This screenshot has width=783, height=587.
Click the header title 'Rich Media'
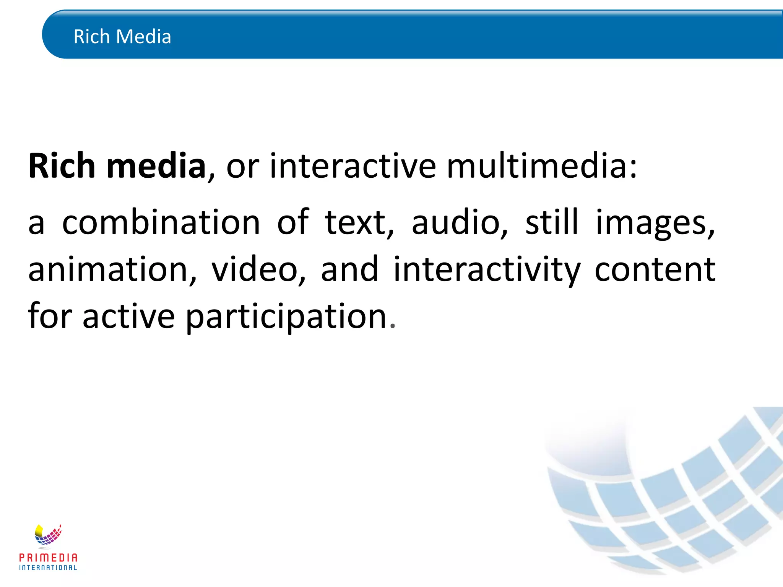[122, 37]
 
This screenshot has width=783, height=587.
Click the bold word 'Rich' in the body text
[62, 166]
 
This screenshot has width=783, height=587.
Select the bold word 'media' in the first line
[156, 166]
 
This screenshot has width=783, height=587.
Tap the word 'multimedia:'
[542, 166]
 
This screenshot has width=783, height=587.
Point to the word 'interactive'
[353, 166]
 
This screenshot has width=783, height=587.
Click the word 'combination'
[161, 222]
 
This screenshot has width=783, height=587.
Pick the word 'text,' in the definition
[359, 222]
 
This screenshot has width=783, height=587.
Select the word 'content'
[655, 270]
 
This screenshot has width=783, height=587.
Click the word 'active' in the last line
[129, 316]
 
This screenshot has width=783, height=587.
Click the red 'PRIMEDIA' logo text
[48, 558]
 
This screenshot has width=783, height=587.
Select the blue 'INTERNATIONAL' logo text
[48, 568]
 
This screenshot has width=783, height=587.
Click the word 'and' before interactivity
[349, 270]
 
